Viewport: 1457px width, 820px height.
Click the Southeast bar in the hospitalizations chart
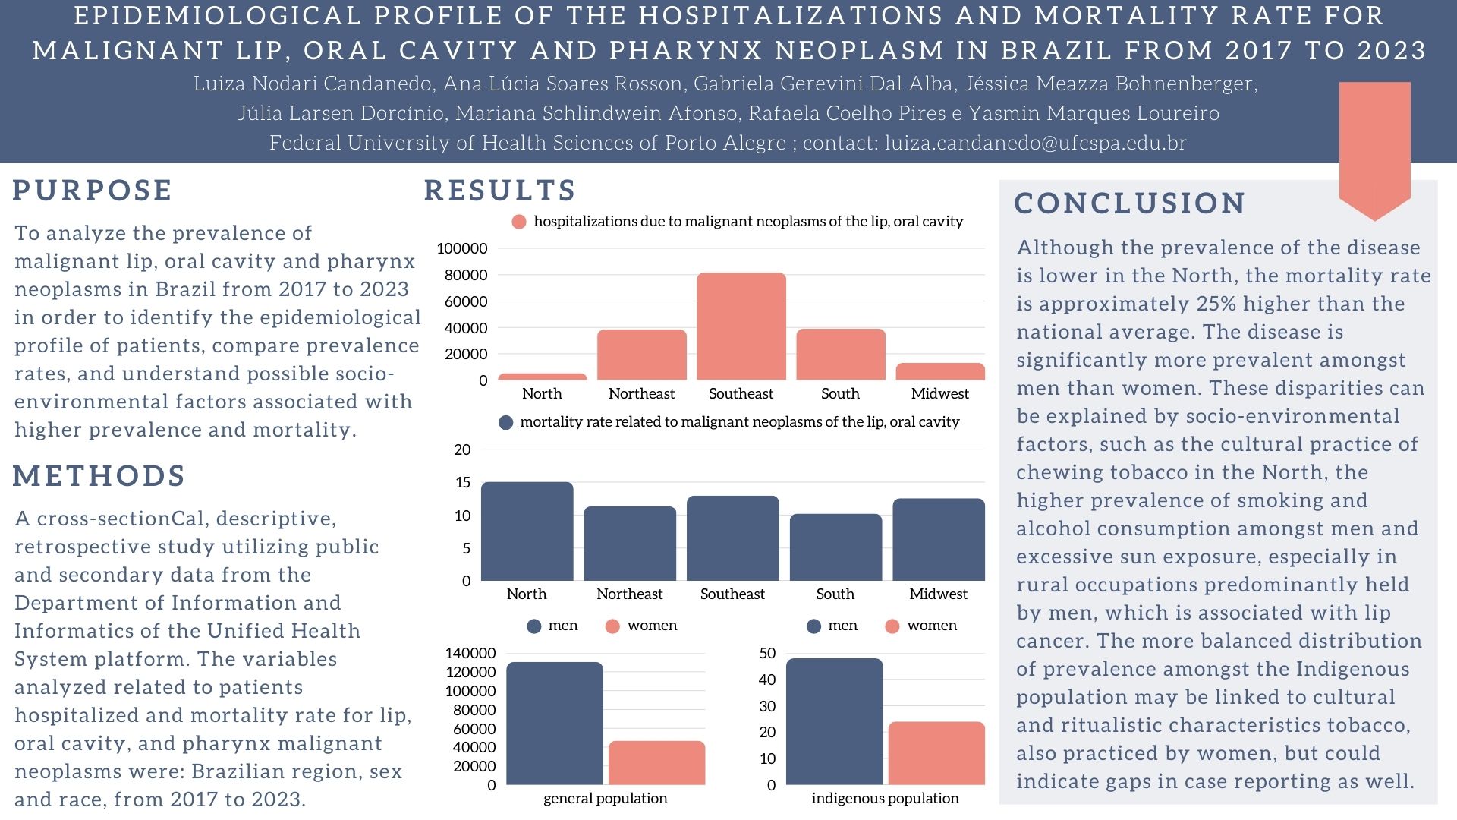click(x=741, y=326)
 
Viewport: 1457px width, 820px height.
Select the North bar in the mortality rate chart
click(x=527, y=531)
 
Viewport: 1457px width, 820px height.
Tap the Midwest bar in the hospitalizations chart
click(x=939, y=371)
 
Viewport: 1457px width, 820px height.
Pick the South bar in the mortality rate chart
click(x=835, y=547)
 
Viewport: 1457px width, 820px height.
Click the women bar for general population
click(x=656, y=762)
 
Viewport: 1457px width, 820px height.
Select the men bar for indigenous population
click(x=834, y=721)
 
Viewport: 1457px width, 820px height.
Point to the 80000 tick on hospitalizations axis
click(x=466, y=275)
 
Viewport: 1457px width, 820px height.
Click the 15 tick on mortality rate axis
click(x=462, y=482)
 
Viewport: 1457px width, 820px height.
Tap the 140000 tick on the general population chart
click(x=470, y=653)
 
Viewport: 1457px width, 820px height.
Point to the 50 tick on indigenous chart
click(x=767, y=653)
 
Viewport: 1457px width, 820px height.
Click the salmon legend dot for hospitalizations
click(x=519, y=222)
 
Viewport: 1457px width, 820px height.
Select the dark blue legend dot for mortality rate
click(x=505, y=422)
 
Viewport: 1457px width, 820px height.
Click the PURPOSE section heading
click(x=93, y=191)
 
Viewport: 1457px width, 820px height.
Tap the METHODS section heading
click(x=99, y=476)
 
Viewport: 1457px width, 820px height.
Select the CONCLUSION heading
click(x=1130, y=203)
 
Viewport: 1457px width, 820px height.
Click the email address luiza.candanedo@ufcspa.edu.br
click(x=1035, y=143)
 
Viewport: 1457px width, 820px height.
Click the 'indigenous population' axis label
click(x=885, y=798)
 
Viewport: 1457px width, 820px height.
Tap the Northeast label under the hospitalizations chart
click(x=641, y=393)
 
